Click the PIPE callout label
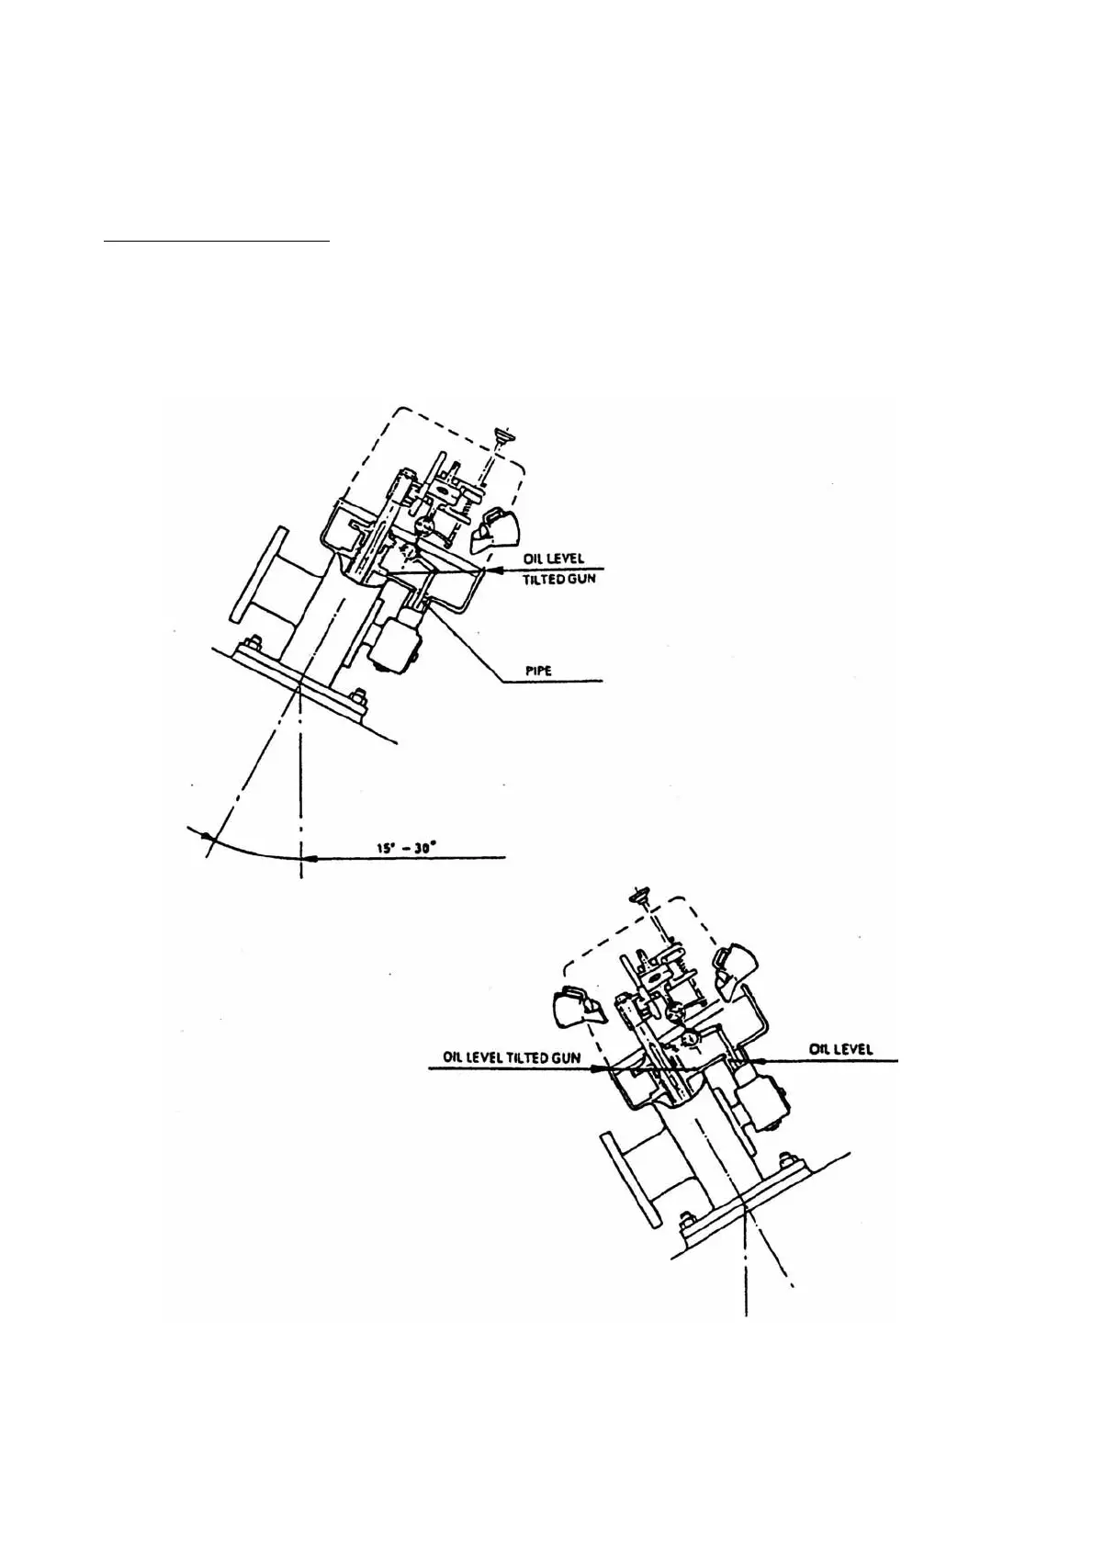click(538, 671)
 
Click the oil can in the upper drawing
click(493, 530)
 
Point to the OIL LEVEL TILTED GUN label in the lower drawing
click(512, 1057)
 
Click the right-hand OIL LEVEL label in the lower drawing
click(841, 1049)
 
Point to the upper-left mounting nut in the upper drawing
click(254, 641)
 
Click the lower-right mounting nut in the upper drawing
click(357, 696)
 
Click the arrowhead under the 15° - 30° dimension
click(310, 858)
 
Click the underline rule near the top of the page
click(218, 242)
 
